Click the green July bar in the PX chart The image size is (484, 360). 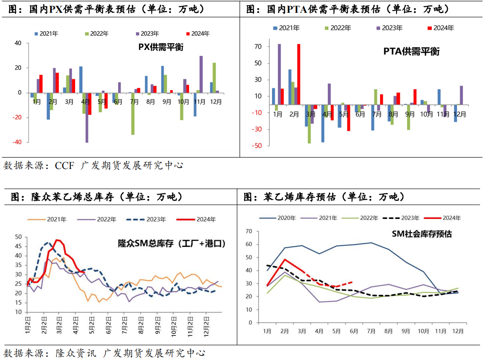[132, 114]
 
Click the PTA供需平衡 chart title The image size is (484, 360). [411, 52]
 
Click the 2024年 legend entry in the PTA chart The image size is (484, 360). [440, 28]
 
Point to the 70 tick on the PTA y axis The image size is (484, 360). [258, 47]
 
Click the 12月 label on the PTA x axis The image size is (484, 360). [460, 115]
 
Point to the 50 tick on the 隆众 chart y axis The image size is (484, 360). [19, 237]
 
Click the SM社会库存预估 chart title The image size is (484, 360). [421, 234]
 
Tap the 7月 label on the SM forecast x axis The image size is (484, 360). [371, 331]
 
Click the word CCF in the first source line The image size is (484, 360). [65, 165]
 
